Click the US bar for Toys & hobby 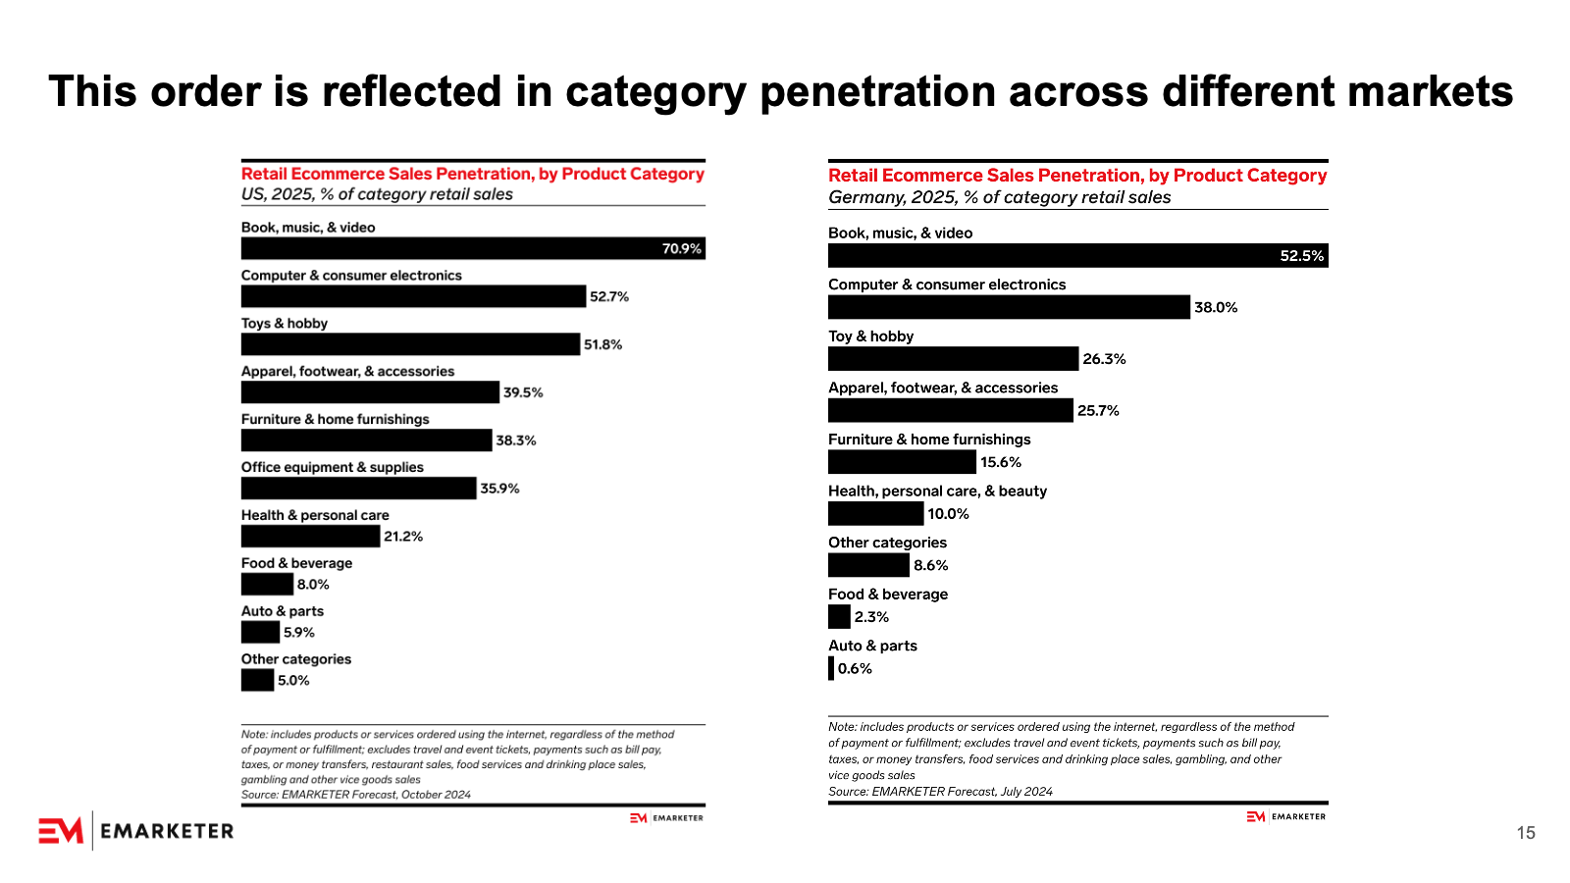pos(410,344)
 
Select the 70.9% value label pos(681,249)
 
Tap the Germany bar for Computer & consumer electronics pos(1009,307)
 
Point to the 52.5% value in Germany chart pos(1301,256)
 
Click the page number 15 pos(1525,833)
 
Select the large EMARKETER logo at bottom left pos(136,831)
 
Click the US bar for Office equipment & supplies pos(358,489)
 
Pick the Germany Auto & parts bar pos(831,668)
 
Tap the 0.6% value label pos(855,669)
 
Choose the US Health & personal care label pos(315,515)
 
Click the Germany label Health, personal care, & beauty pos(937,491)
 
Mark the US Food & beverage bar pos(267,585)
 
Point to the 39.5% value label pos(523,392)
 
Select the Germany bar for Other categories pos(868,565)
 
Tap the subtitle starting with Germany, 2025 pos(999,197)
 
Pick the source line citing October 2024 pos(356,795)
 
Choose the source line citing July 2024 pos(940,792)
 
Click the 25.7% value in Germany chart pos(1098,411)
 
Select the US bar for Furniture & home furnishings pos(366,441)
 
